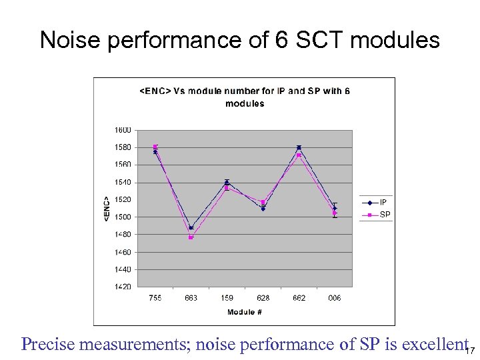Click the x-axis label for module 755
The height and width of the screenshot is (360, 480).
[155, 298]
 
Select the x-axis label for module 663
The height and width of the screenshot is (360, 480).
[191, 298]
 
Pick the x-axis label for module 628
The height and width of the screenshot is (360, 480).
[263, 298]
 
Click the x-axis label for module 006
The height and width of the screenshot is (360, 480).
[335, 298]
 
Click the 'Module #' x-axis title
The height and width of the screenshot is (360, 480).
[244, 312]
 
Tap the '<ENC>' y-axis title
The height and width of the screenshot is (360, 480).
[107, 207]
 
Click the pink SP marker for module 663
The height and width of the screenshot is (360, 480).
[191, 237]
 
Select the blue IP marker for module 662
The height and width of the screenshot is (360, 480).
[299, 147]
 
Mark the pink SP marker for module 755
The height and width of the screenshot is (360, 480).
[155, 147]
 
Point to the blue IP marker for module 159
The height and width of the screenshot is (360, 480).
[227, 183]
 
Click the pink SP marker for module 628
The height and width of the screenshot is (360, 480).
[263, 202]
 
